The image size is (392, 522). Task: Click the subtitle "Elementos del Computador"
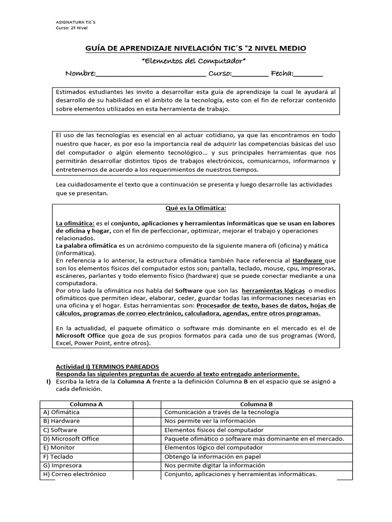193,61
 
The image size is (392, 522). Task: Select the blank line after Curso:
250,74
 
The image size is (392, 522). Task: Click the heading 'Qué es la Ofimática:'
195,208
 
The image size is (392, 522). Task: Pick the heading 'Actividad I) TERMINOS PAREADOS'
107,367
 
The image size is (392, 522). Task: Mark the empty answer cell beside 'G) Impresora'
148,465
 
